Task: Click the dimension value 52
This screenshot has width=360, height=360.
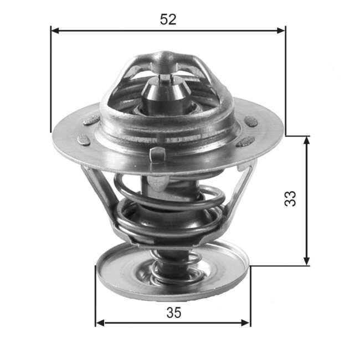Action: point(168,19)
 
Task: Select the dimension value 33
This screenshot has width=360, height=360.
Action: point(290,199)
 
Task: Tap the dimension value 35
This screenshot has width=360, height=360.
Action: point(173,313)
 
